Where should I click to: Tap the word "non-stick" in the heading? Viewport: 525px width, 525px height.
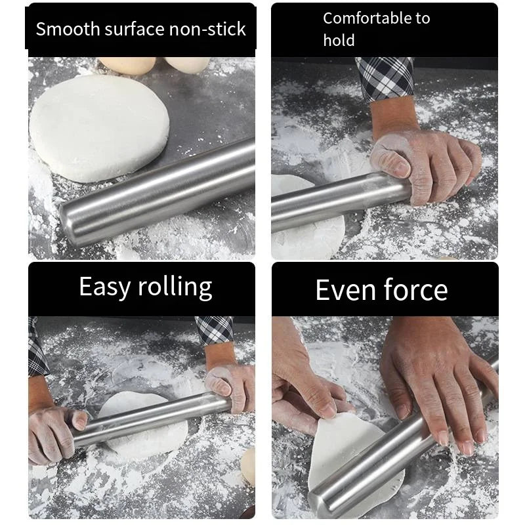click(x=207, y=29)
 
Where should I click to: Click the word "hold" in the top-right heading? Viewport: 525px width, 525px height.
click(x=339, y=40)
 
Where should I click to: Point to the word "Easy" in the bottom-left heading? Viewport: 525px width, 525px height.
click(x=105, y=287)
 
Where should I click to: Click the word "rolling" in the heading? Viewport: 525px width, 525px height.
click(x=175, y=287)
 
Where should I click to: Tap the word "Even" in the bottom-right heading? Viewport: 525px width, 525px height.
click(x=345, y=290)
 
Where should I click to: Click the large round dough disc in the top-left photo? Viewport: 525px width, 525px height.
click(x=99, y=127)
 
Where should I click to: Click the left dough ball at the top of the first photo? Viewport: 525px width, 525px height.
click(x=127, y=65)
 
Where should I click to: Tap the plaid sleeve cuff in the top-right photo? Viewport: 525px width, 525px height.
click(x=385, y=79)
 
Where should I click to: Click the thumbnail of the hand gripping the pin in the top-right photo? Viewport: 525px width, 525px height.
click(x=400, y=169)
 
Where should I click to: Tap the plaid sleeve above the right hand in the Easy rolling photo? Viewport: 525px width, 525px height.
click(x=215, y=330)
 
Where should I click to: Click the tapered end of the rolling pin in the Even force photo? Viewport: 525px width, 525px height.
click(x=318, y=502)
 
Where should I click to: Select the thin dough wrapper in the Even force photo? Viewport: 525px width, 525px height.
click(x=355, y=459)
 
